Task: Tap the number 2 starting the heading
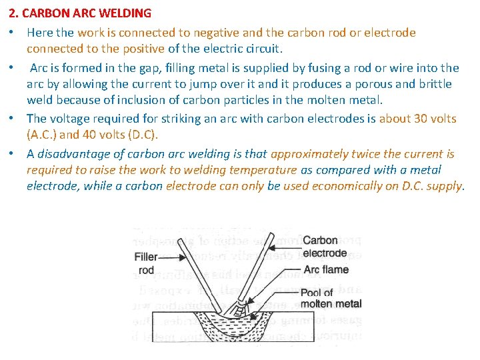pos(12,13)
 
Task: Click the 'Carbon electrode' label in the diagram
pos(324,247)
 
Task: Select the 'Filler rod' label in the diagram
pos(146,263)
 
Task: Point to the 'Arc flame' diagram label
pos(325,269)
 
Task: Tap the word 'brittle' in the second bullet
pos(435,84)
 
